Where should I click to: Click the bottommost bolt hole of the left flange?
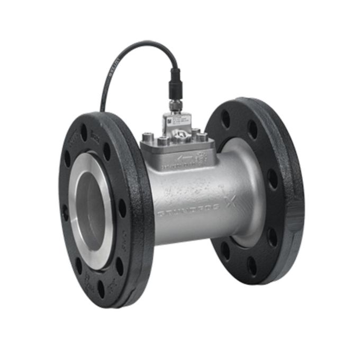click(x=101, y=289)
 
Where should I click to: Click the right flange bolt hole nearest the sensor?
click(x=226, y=120)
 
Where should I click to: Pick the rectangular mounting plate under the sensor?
click(x=177, y=151)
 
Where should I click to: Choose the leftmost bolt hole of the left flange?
click(x=65, y=212)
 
